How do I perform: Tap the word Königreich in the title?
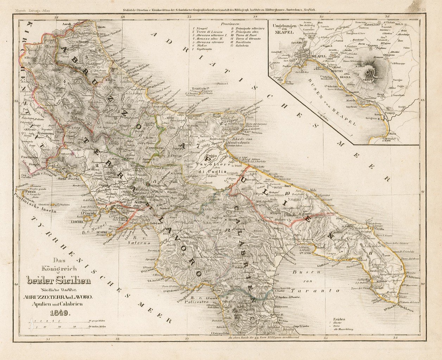pyautogui.click(x=58, y=269)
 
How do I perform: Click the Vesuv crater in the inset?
pyautogui.click(x=369, y=73)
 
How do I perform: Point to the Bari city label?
pyautogui.click(x=288, y=186)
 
